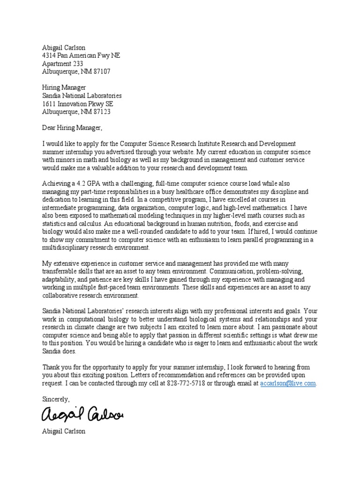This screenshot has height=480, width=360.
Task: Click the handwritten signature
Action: [82, 414]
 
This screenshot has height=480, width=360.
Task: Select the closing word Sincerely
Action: [56, 399]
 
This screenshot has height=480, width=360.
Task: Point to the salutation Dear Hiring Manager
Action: [72, 127]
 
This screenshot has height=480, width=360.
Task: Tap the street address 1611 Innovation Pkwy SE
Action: [77, 104]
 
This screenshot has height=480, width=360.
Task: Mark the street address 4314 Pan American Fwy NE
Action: [81, 55]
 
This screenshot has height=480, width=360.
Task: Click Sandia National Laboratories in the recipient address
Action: [82, 96]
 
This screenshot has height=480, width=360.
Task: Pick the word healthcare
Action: [211, 191]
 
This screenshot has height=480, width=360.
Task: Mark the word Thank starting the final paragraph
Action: [51, 367]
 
